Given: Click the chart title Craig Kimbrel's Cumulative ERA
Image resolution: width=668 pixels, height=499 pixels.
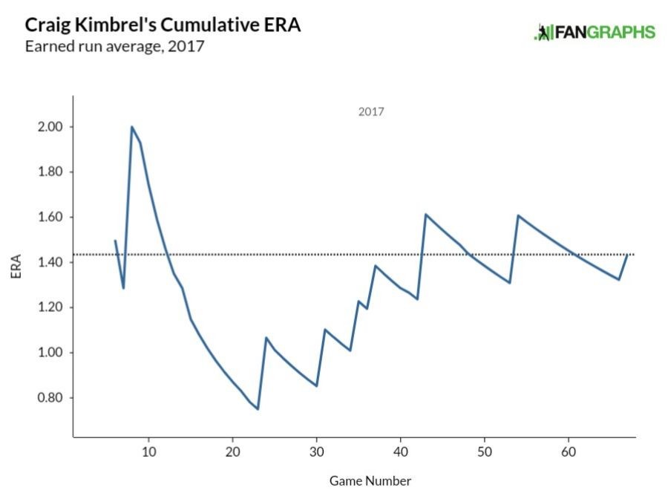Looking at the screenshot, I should click(163, 25).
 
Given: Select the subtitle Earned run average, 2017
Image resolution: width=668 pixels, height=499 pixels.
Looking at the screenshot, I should click(114, 47).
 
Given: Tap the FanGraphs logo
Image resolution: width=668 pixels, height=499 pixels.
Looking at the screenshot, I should click(595, 32).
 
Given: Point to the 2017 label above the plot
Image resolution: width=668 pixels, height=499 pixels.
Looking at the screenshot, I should click(371, 112).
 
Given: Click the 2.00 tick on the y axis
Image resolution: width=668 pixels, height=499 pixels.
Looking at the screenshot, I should click(49, 127).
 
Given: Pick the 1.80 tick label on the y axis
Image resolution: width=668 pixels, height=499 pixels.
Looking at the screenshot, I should click(49, 172).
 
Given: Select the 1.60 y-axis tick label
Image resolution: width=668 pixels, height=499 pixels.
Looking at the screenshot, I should click(49, 218).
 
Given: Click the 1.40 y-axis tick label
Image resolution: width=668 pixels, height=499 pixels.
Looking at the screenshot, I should click(49, 263).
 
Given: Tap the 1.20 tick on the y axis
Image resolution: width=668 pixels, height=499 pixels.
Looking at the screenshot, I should click(49, 307).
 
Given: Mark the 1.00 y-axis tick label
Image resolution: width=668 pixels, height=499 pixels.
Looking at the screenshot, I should click(49, 353).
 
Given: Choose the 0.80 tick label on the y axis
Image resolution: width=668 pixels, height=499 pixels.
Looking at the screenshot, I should click(49, 398).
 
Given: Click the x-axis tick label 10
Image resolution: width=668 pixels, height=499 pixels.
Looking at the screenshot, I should click(148, 451).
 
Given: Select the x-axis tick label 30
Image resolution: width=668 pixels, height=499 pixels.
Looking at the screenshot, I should click(316, 451).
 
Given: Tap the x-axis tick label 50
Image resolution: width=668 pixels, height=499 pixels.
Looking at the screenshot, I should click(485, 451).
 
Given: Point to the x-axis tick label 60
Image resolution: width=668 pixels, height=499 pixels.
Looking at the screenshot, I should click(569, 451).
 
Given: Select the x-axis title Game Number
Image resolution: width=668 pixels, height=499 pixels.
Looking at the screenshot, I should click(370, 480).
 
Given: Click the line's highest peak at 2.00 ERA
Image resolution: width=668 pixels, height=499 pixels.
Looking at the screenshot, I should click(132, 127).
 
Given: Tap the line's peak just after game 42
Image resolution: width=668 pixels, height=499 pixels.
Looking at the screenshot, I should click(425, 215).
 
